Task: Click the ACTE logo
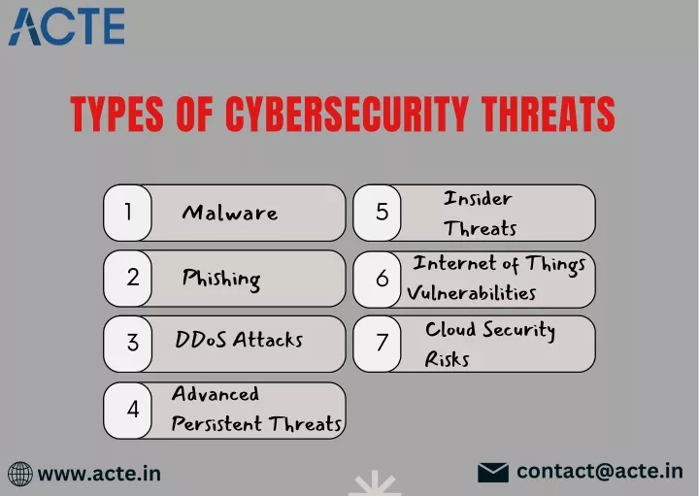click(x=66, y=27)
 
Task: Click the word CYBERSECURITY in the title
click(x=347, y=115)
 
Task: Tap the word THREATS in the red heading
click(x=548, y=115)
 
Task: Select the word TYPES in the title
click(x=116, y=115)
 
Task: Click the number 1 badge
click(x=127, y=213)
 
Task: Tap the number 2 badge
click(x=127, y=278)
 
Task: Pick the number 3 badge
click(x=127, y=344)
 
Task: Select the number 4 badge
click(x=127, y=410)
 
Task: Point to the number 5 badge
click(x=377, y=213)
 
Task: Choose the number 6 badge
click(x=377, y=280)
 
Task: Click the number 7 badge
click(x=377, y=344)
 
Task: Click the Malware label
click(x=229, y=213)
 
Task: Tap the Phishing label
click(x=221, y=280)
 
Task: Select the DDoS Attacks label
click(x=239, y=339)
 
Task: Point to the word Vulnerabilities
click(x=471, y=293)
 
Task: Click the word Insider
click(x=478, y=198)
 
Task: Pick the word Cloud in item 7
click(x=450, y=329)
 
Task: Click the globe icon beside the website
click(x=20, y=474)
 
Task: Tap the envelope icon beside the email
click(x=493, y=473)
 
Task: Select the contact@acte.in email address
click(x=600, y=472)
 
